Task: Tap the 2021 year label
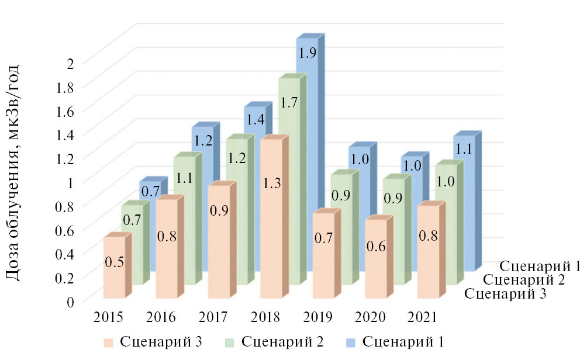pyautogui.click(x=422, y=317)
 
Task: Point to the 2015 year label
pyautogui.click(x=108, y=317)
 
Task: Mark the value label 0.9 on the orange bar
pyautogui.click(x=219, y=212)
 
